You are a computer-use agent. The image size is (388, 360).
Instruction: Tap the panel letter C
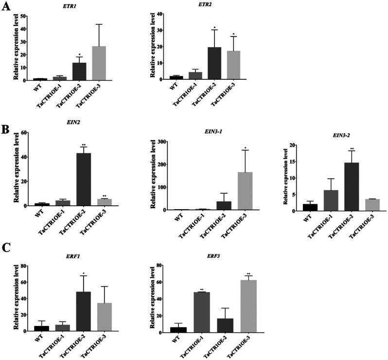6,247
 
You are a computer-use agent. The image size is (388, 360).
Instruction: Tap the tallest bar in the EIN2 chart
84,180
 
